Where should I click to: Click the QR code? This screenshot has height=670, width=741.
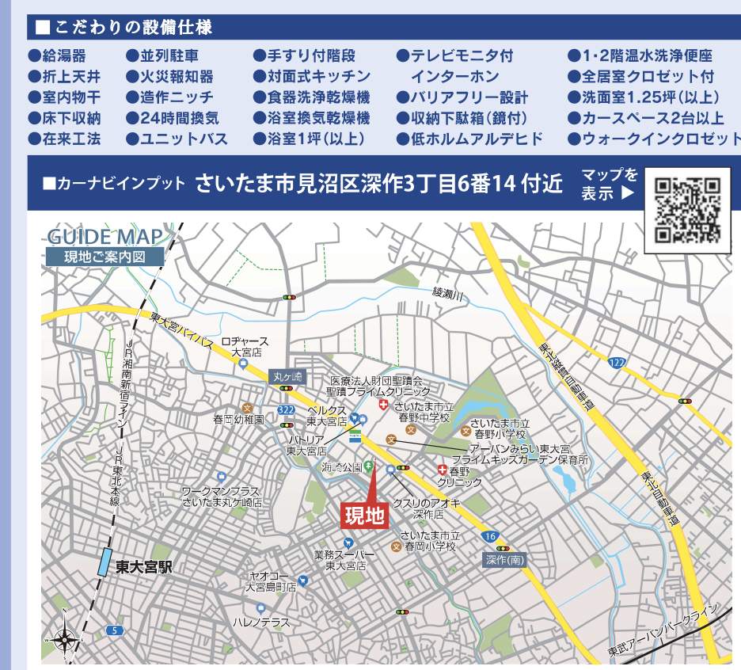coord(688,209)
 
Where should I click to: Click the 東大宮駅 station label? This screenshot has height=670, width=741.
coord(143,568)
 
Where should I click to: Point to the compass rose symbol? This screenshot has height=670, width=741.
coord(67,640)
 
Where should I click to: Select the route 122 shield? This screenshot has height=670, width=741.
coord(617,362)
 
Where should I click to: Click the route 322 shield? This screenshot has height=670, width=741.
coord(286,409)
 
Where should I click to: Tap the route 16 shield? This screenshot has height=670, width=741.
coord(490,537)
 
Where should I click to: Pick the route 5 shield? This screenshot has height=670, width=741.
coord(115,630)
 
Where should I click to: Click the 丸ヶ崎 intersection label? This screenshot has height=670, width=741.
coord(287,378)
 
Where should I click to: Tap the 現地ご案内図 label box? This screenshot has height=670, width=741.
coord(104,257)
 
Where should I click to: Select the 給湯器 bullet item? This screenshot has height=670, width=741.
coord(57,56)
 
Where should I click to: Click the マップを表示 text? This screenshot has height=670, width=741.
coord(609,184)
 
